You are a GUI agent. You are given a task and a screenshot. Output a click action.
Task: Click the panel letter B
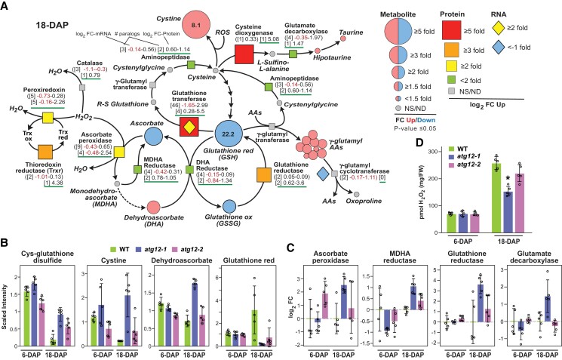[6, 243]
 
